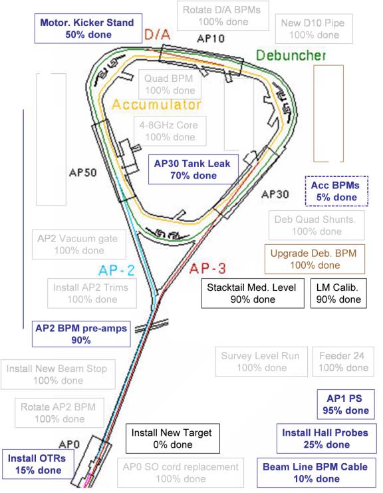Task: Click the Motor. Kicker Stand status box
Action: (x=88, y=29)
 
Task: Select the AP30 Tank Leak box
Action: (x=193, y=169)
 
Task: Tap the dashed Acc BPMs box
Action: (x=336, y=191)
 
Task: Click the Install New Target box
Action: (x=173, y=438)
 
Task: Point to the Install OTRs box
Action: (x=39, y=464)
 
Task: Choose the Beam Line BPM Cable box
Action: (x=317, y=472)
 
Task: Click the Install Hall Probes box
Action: (x=326, y=438)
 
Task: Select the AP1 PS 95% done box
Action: (x=346, y=405)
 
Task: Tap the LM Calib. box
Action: (x=338, y=293)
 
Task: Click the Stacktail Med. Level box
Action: (x=253, y=293)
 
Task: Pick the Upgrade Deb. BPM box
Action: (x=315, y=259)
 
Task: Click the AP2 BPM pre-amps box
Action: (x=81, y=334)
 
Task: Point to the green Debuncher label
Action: (x=291, y=55)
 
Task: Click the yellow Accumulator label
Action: (x=156, y=104)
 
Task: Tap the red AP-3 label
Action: (x=207, y=269)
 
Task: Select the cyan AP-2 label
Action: (x=116, y=270)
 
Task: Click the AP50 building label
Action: (x=82, y=172)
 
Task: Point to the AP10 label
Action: (x=211, y=39)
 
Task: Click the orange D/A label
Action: (x=158, y=35)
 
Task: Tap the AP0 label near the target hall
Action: (x=69, y=444)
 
